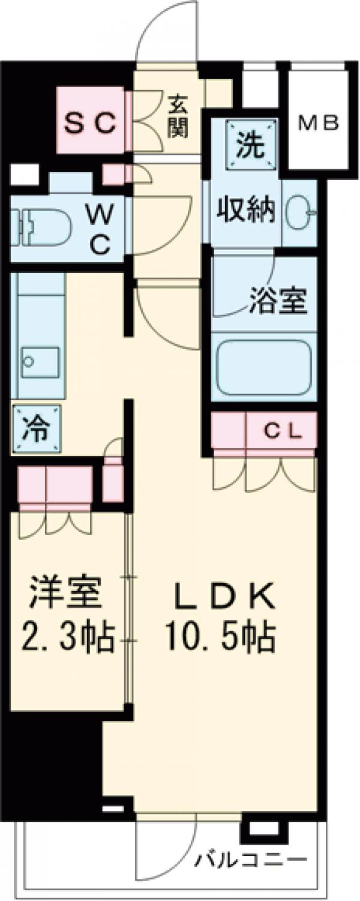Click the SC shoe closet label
(90, 124)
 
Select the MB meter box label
(319, 123)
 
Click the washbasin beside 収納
(299, 212)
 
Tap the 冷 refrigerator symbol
(37, 428)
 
